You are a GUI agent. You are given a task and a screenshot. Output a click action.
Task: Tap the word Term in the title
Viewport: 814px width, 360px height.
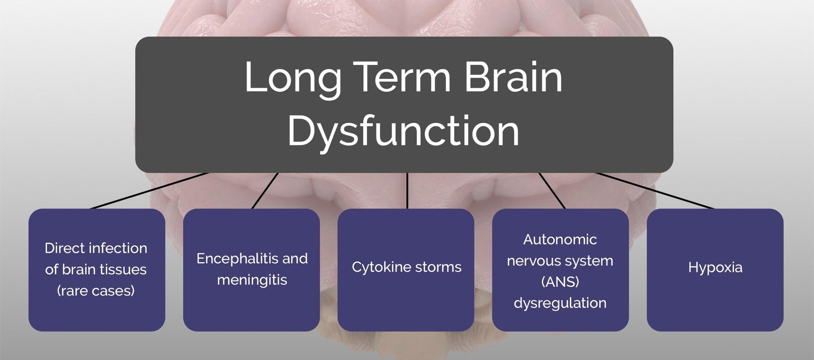403,77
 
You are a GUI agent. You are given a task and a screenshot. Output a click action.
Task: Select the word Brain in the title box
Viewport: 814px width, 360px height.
513,77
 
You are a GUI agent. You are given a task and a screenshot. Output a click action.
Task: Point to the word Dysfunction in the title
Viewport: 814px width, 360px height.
403,131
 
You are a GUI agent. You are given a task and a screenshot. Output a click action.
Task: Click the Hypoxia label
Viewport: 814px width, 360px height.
715,268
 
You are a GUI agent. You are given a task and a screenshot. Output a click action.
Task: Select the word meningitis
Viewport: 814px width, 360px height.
252,280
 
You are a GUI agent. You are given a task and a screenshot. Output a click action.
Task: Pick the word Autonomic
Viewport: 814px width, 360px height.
560,239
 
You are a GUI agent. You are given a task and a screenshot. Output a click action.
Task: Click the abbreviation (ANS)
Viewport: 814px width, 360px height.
560,282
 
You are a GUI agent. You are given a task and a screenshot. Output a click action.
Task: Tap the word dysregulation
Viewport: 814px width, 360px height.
560,303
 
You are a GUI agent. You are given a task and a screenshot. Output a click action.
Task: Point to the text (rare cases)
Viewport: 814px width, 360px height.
96,291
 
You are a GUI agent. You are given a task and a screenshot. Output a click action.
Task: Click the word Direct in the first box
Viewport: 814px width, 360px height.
64,248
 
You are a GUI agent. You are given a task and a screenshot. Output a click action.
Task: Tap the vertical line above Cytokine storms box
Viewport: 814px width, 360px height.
407,191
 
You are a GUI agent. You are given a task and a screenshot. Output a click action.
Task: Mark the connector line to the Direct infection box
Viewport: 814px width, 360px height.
149,191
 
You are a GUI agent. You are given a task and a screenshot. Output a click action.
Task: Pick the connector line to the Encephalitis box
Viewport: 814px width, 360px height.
265,191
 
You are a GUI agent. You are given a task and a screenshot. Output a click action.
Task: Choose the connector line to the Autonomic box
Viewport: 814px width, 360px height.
552,191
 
